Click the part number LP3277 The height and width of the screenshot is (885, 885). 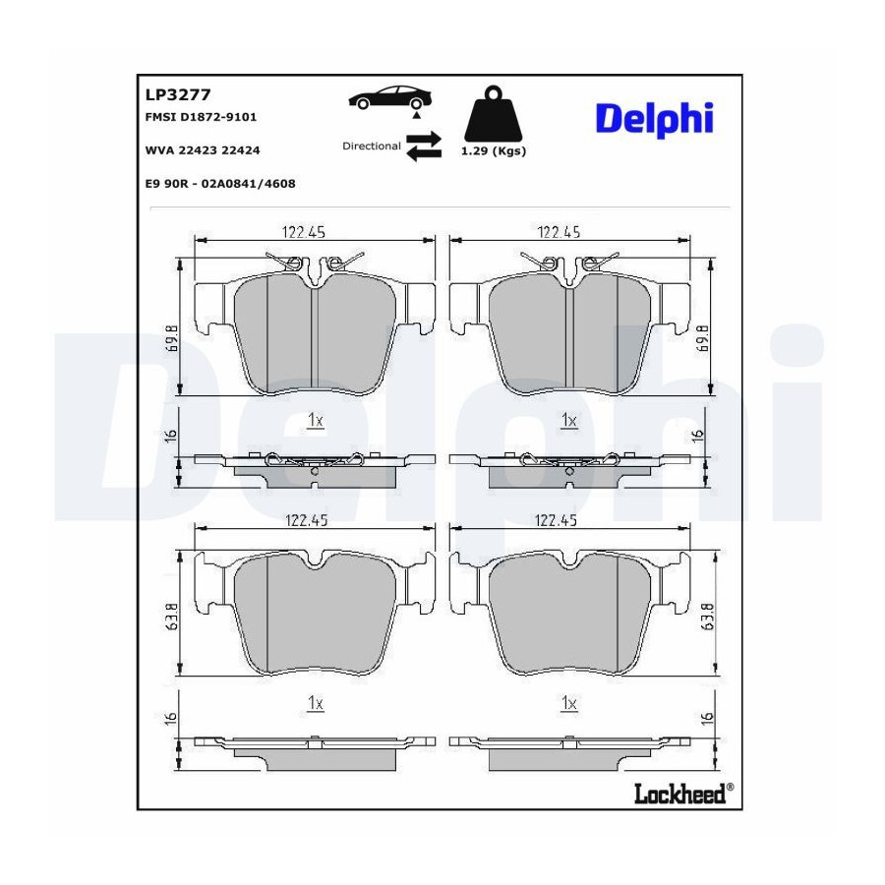point(178,94)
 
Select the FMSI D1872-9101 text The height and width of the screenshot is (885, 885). point(201,117)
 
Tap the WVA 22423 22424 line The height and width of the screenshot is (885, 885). point(203,150)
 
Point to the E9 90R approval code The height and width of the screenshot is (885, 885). point(220,184)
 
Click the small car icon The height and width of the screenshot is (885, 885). point(389,98)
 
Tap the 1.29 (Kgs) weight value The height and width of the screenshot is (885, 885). point(494,150)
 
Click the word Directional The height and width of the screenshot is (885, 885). point(372,146)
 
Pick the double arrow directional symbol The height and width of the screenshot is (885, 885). point(424,147)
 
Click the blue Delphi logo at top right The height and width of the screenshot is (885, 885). point(655,119)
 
